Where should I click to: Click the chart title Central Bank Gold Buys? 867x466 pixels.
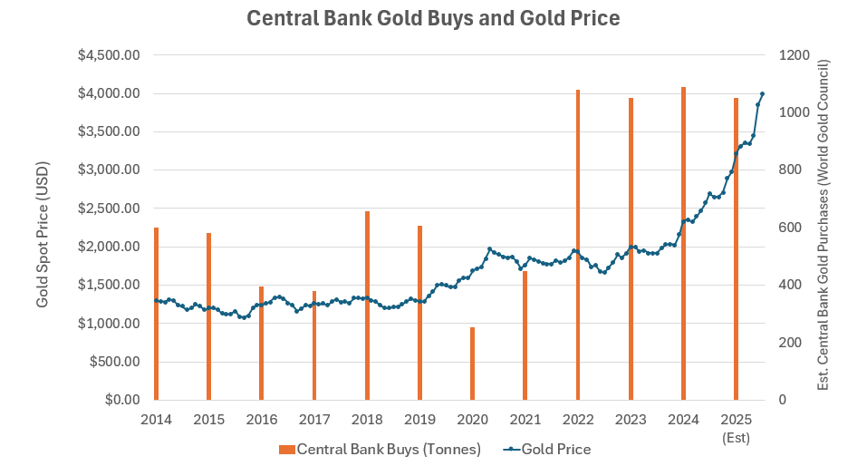(x=433, y=18)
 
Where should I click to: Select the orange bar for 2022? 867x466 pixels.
(x=578, y=245)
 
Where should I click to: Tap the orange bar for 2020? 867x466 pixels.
(x=472, y=364)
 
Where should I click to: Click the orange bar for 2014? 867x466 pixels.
(x=156, y=314)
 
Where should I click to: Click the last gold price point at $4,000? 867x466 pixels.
(x=762, y=93)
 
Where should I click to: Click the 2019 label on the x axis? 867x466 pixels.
(x=419, y=420)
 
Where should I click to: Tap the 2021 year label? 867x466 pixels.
(x=525, y=420)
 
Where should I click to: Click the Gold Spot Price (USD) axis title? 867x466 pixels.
(x=43, y=234)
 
